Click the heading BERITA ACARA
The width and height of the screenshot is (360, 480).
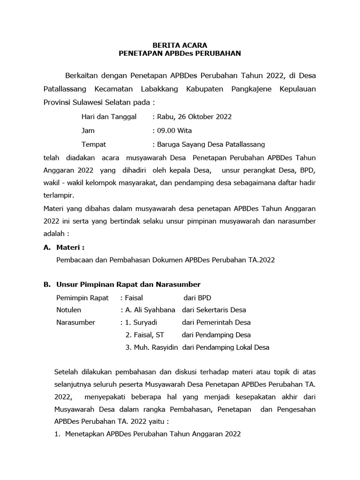[180, 45]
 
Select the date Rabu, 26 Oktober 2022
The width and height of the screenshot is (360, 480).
[194, 117]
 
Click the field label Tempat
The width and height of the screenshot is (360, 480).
[94, 144]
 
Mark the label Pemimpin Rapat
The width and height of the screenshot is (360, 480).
[82, 298]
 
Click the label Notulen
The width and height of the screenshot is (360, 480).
[69, 310]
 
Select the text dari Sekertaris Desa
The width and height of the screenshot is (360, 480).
[214, 310]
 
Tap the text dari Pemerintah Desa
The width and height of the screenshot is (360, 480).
[216, 322]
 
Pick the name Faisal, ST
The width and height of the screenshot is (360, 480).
[148, 335]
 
